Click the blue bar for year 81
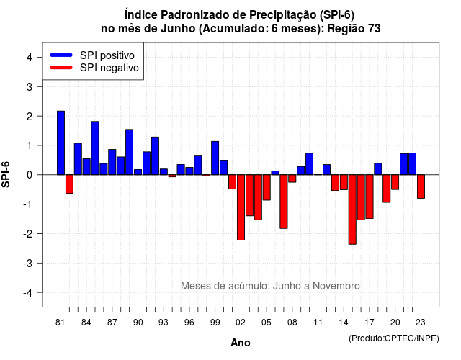61,143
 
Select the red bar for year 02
241,207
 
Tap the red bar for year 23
421,186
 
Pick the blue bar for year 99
215,158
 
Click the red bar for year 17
370,197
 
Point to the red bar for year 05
267,187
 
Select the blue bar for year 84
86,166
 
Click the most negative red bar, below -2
352,210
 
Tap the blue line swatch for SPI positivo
61,55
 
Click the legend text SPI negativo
109,68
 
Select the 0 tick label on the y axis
29,175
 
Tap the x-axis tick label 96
189,323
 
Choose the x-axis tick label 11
318,323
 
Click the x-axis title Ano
241,343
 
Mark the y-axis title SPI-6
6,174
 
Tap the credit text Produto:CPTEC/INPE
394,338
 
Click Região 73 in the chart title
354,29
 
